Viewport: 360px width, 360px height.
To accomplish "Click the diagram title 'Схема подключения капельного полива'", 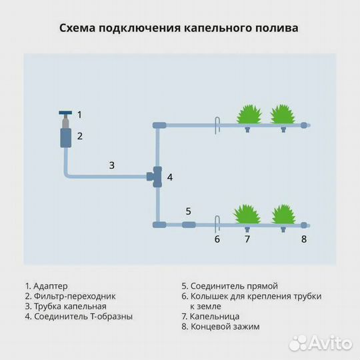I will click(179, 28).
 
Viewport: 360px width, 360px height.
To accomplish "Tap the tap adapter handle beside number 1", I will click(65, 113).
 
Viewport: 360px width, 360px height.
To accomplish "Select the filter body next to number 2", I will click(65, 137).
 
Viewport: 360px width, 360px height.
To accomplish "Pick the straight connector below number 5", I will click(188, 225).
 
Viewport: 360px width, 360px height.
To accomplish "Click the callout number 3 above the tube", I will click(112, 165).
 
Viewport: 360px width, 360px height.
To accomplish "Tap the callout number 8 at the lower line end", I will click(304, 239).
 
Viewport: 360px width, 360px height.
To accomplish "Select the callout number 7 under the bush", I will click(247, 239).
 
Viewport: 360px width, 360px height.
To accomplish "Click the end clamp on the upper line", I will click(304, 125).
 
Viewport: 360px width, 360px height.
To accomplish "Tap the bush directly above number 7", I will click(247, 214).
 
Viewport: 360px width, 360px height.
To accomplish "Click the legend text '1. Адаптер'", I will click(46, 286).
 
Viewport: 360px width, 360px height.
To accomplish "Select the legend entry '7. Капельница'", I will click(210, 317).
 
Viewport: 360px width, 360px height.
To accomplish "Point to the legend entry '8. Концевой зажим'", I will click(220, 327).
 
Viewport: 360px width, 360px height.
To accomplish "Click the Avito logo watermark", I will click(321, 343).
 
